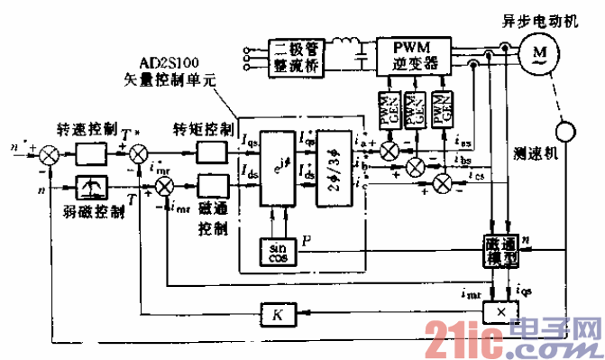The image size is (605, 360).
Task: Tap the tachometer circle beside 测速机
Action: point(564,133)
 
